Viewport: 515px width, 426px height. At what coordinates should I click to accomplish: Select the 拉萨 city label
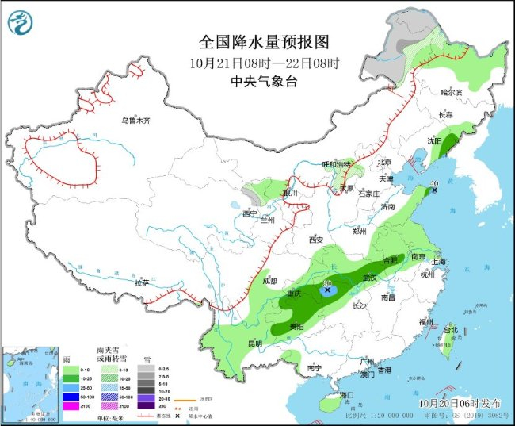point(142,282)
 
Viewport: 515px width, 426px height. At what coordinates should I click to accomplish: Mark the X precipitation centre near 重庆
point(327,290)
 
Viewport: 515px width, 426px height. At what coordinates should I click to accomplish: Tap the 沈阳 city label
point(435,140)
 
